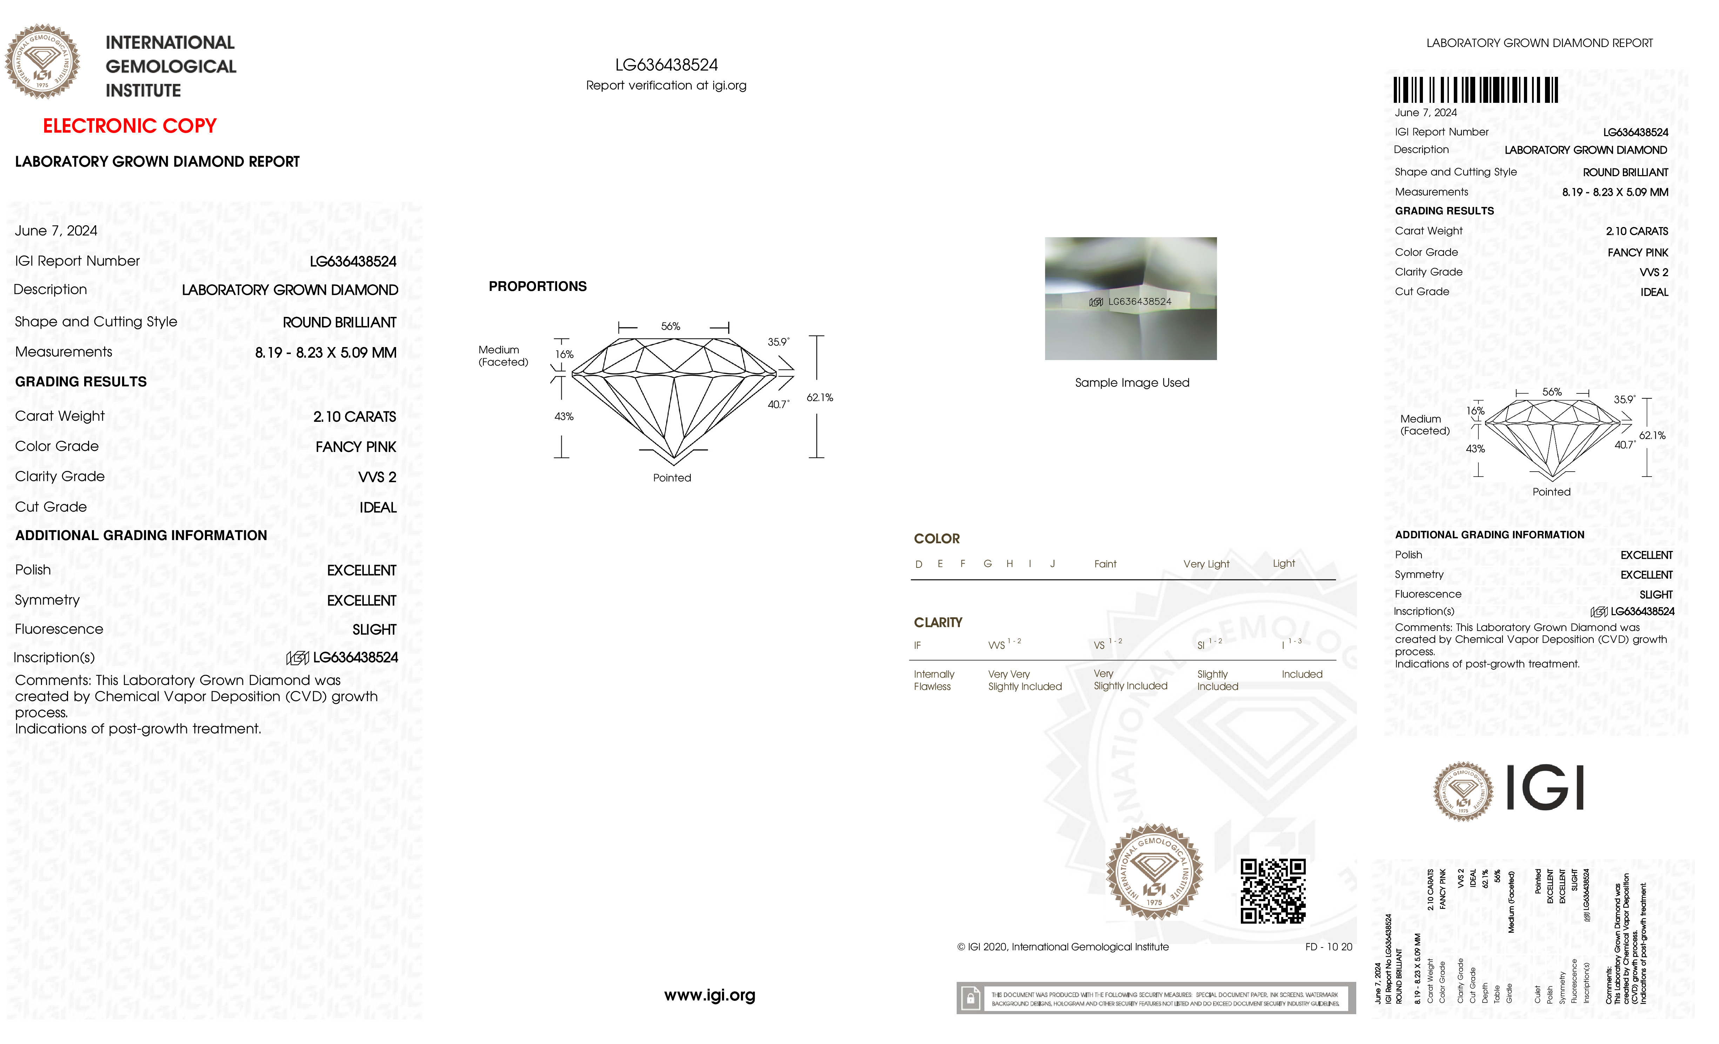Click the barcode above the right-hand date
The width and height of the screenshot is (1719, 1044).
coord(1476,90)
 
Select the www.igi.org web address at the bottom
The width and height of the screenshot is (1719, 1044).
coord(709,995)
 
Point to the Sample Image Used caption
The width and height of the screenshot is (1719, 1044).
coord(1132,383)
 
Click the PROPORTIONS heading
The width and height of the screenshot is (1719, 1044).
coord(537,286)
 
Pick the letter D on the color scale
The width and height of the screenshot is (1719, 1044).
coord(919,564)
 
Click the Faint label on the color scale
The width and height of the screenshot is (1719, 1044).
coord(1105,564)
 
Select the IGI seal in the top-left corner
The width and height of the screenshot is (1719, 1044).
coord(42,61)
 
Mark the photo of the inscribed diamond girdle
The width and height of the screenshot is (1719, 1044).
coord(1130,299)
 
